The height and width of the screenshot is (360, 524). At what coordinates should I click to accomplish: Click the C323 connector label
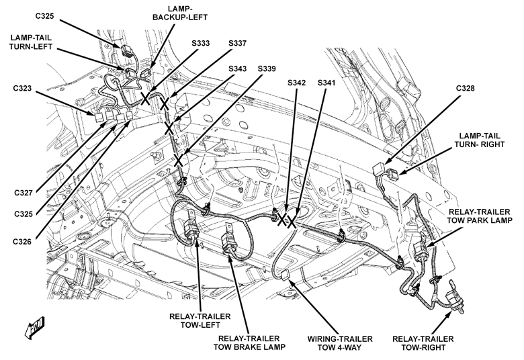tap(26, 89)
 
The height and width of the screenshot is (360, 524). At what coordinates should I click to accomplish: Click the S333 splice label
tap(200, 44)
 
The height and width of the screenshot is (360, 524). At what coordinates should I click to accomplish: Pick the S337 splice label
tap(237, 44)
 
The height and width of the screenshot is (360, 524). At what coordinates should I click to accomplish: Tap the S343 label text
tap(237, 69)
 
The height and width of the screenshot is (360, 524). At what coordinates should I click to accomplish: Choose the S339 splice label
tap(267, 69)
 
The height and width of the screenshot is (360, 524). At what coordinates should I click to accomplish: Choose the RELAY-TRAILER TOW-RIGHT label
tap(423, 342)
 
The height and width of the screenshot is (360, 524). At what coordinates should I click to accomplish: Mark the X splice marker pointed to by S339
tap(179, 161)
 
